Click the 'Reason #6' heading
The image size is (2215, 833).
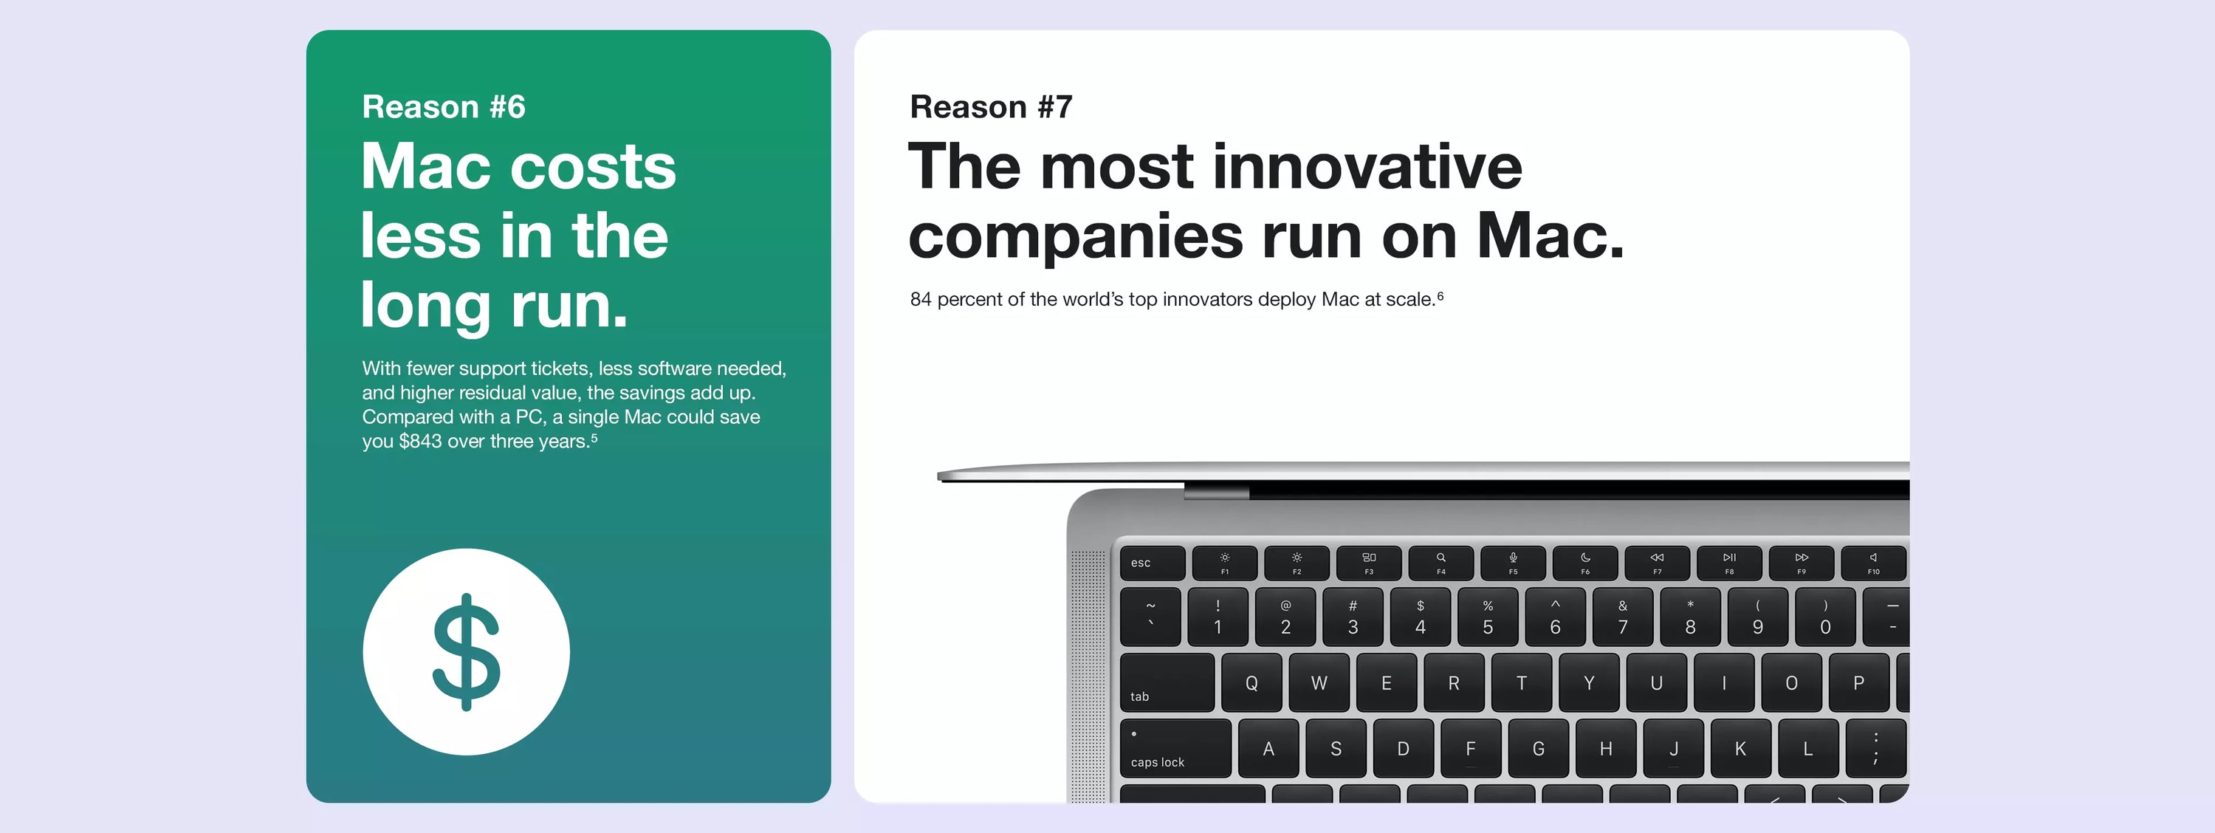(x=443, y=106)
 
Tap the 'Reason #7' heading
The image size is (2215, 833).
(x=991, y=106)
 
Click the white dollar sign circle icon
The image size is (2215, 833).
(x=466, y=651)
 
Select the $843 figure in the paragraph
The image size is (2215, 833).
(x=420, y=441)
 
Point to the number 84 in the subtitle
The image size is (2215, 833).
(x=920, y=299)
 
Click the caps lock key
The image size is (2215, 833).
(x=1175, y=749)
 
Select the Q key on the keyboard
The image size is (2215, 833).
(x=1251, y=682)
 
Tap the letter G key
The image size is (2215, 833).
(x=1538, y=749)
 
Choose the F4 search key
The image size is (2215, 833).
(x=1441, y=563)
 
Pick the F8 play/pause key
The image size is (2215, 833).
(x=1729, y=563)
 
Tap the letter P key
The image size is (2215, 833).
(x=1859, y=682)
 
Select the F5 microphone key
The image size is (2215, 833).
(x=1513, y=563)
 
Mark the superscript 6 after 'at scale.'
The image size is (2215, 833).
(x=1440, y=295)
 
